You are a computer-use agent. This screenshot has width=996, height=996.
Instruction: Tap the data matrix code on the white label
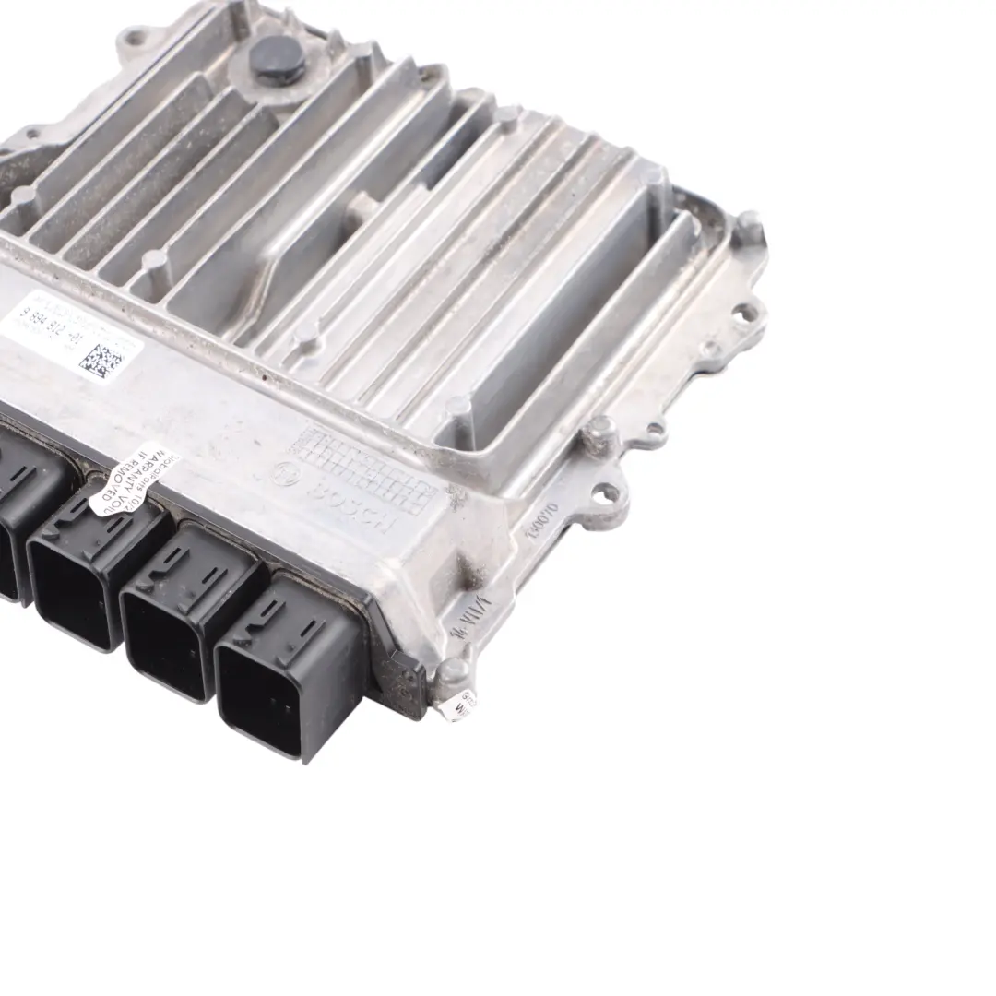101,360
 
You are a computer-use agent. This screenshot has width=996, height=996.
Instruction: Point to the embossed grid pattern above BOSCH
364,470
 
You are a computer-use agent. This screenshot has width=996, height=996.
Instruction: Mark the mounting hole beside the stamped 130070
609,494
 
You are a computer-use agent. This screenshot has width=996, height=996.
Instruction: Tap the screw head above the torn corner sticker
452,670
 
